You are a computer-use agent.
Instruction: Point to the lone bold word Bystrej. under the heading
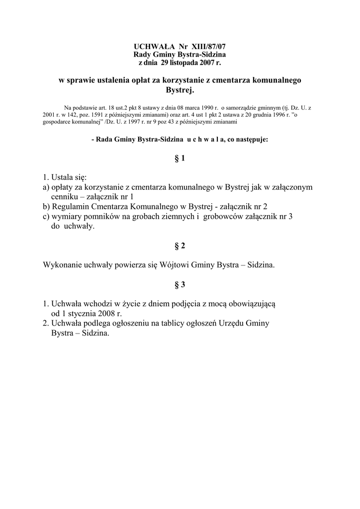point(180,90)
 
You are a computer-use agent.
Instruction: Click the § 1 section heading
point(180,159)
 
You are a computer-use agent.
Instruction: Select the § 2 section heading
point(180,246)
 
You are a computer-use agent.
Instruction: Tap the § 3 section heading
point(180,284)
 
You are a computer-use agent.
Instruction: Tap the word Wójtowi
point(175,265)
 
